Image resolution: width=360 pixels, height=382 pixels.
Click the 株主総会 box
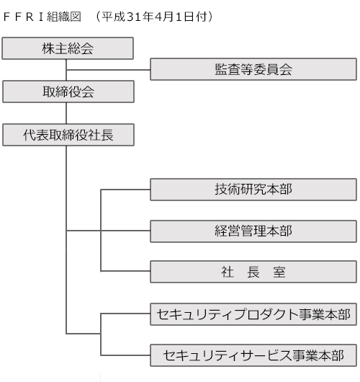pos(68,48)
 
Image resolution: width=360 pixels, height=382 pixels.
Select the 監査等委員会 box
pos(253,69)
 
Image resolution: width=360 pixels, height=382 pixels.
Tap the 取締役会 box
pos(68,92)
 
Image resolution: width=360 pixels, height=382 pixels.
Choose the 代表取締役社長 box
pos(68,135)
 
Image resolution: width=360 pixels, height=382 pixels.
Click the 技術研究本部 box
pos(253,190)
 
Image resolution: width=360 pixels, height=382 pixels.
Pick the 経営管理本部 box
pos(253,231)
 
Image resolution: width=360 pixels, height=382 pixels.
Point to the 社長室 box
pos(253,272)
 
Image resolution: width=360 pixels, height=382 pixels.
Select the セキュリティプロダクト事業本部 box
pos(253,314)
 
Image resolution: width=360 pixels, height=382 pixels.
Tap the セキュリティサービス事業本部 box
pos(253,355)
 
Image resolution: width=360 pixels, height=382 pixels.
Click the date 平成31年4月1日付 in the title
pos(155,17)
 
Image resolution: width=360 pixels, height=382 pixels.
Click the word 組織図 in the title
pos(64,17)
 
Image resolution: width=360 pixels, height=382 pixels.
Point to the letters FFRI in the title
pos(23,17)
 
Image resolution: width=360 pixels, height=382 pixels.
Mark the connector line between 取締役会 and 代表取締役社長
pos(66,113)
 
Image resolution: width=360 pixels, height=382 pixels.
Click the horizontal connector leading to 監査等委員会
pos(108,70)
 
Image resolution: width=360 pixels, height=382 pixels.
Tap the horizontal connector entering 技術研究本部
pos(125,190)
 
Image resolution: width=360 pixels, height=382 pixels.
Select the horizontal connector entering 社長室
pos(125,271)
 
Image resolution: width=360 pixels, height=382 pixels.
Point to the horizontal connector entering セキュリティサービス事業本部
pos(125,355)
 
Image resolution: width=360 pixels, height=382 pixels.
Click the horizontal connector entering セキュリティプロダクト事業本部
pos(125,314)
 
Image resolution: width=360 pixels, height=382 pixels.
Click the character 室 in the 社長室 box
pos(279,272)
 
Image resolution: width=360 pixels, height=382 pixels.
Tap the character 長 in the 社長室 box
pos(253,272)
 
